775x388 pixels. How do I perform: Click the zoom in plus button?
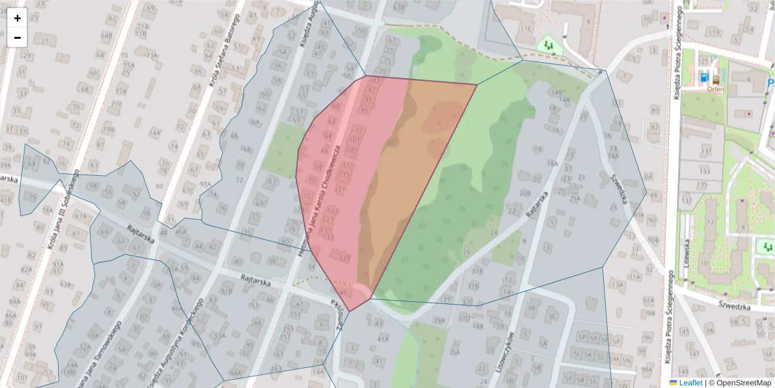(17, 18)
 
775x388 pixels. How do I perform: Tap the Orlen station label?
(716, 91)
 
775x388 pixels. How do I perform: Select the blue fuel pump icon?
(703, 79)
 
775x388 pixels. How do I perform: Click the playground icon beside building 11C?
(548, 45)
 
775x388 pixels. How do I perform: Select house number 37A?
(477, 272)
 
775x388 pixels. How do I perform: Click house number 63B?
(400, 7)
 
